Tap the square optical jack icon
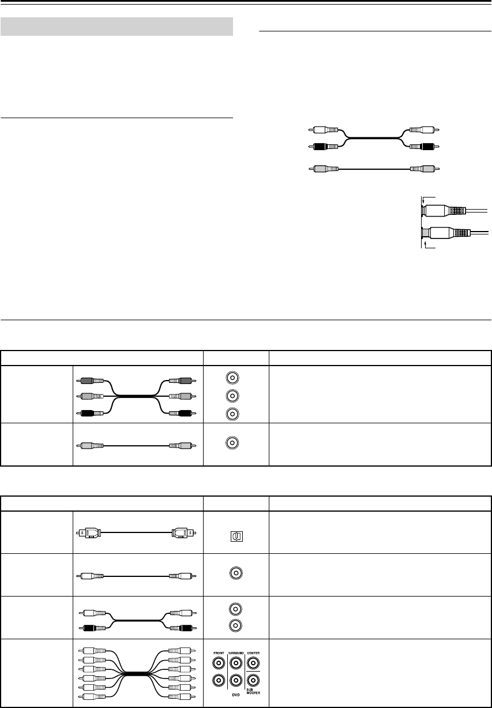[237, 536]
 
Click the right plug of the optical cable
[183, 532]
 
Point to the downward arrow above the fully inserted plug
[423, 202]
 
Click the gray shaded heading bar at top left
[116, 27]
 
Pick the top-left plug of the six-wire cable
[92, 650]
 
